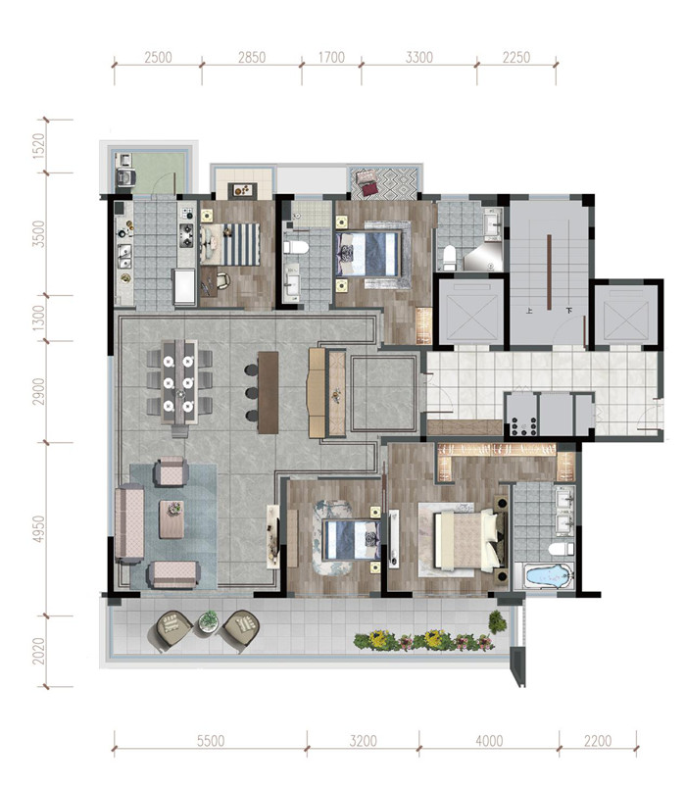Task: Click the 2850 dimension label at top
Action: tap(252, 57)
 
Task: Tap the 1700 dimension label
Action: tap(331, 57)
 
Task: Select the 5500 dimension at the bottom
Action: tap(211, 741)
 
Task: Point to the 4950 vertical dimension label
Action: tap(38, 528)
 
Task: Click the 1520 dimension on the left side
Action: tap(38, 146)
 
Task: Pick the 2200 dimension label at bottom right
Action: tap(598, 741)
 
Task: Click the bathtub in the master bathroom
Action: tap(545, 576)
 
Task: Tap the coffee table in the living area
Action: tap(171, 519)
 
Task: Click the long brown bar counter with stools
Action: tap(268, 392)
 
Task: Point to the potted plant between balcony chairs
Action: tap(207, 621)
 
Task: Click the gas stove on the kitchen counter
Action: tap(187, 235)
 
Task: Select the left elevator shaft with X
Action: tap(471, 313)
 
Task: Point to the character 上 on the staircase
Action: tap(529, 311)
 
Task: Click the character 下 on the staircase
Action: tap(569, 311)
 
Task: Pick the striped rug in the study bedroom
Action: tap(242, 244)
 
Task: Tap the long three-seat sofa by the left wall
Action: tap(129, 523)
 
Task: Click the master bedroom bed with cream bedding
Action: tap(469, 540)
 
